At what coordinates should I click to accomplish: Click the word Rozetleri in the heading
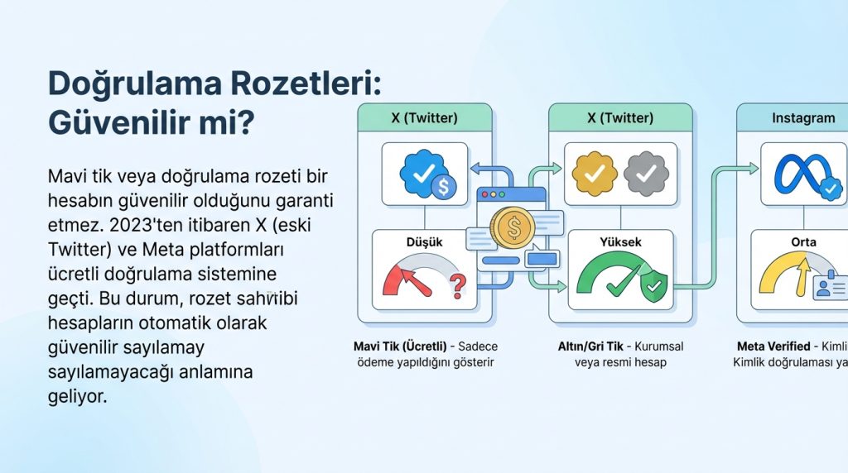click(303, 85)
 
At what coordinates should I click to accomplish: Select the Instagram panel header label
click(802, 118)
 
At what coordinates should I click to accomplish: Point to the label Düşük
click(424, 242)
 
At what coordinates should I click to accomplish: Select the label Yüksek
click(620, 242)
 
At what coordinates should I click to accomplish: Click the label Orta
click(803, 242)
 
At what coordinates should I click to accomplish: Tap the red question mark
click(456, 286)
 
